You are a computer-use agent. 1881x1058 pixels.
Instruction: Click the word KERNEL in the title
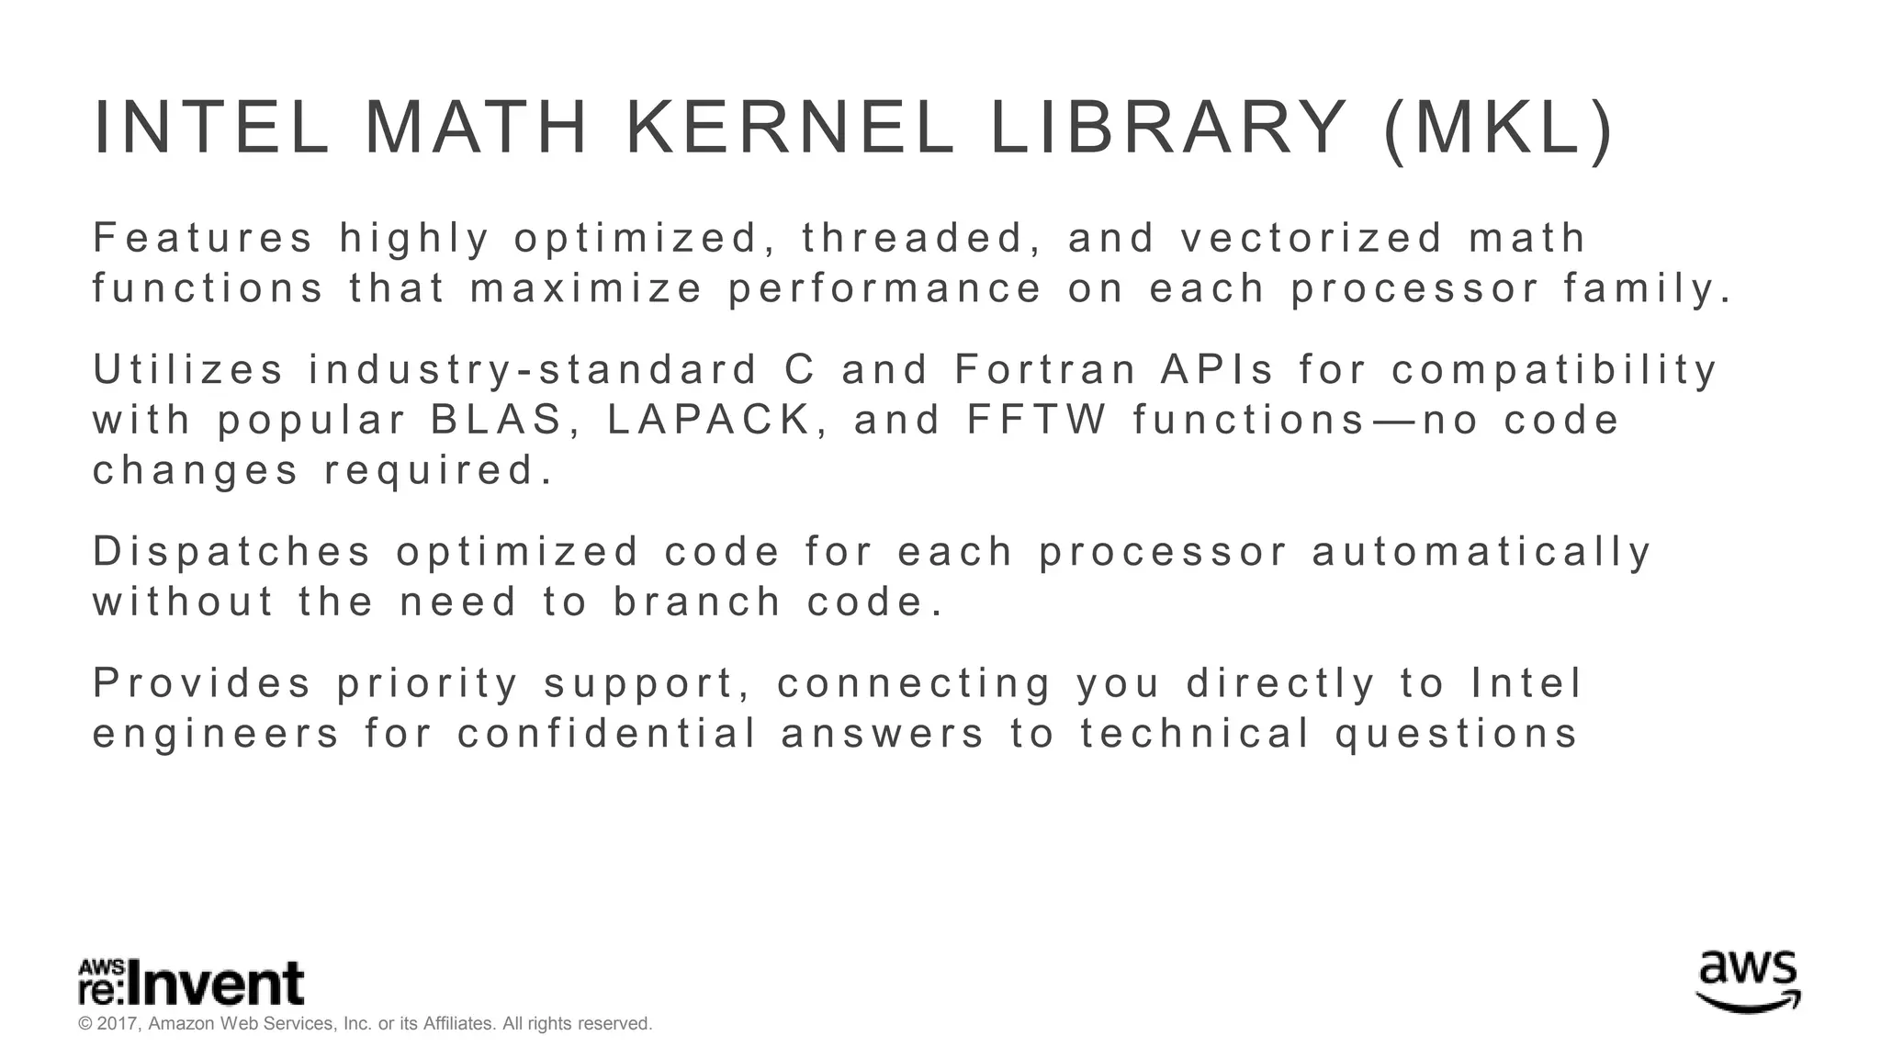[x=790, y=129]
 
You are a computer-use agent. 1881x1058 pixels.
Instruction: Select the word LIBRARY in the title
[x=1167, y=129]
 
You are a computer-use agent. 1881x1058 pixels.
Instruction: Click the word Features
[x=203, y=238]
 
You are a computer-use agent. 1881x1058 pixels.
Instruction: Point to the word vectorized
[x=1312, y=238]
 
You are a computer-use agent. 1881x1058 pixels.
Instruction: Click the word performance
[x=885, y=288]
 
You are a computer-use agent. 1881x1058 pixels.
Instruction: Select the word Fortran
[x=1046, y=370]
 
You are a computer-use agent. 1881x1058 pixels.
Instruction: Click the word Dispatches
[x=232, y=552]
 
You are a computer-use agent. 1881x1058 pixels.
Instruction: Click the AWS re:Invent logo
[x=191, y=983]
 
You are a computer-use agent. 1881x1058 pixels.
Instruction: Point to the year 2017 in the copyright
[x=118, y=1024]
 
